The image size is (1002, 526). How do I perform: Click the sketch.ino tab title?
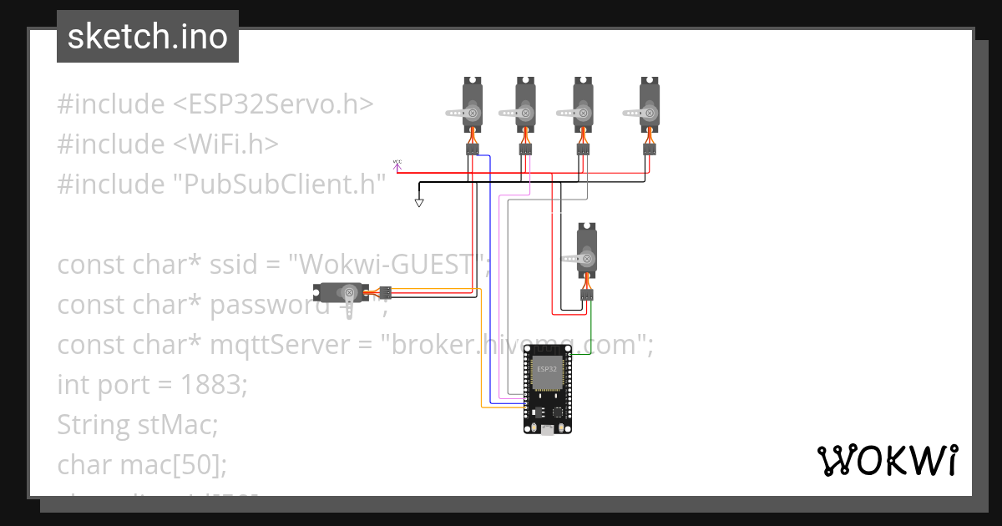(x=147, y=37)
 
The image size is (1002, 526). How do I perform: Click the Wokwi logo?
(x=886, y=461)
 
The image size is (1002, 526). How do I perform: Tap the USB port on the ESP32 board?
(x=547, y=429)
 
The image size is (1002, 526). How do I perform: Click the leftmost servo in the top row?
(x=472, y=104)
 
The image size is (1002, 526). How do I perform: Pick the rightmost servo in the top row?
(x=649, y=104)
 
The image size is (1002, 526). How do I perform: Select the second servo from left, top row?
(x=524, y=104)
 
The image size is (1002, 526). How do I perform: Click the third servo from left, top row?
(x=583, y=104)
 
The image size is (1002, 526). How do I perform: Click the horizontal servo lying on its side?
(x=342, y=293)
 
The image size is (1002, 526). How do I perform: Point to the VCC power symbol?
(x=397, y=165)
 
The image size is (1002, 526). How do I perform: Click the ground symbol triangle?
(x=419, y=203)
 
